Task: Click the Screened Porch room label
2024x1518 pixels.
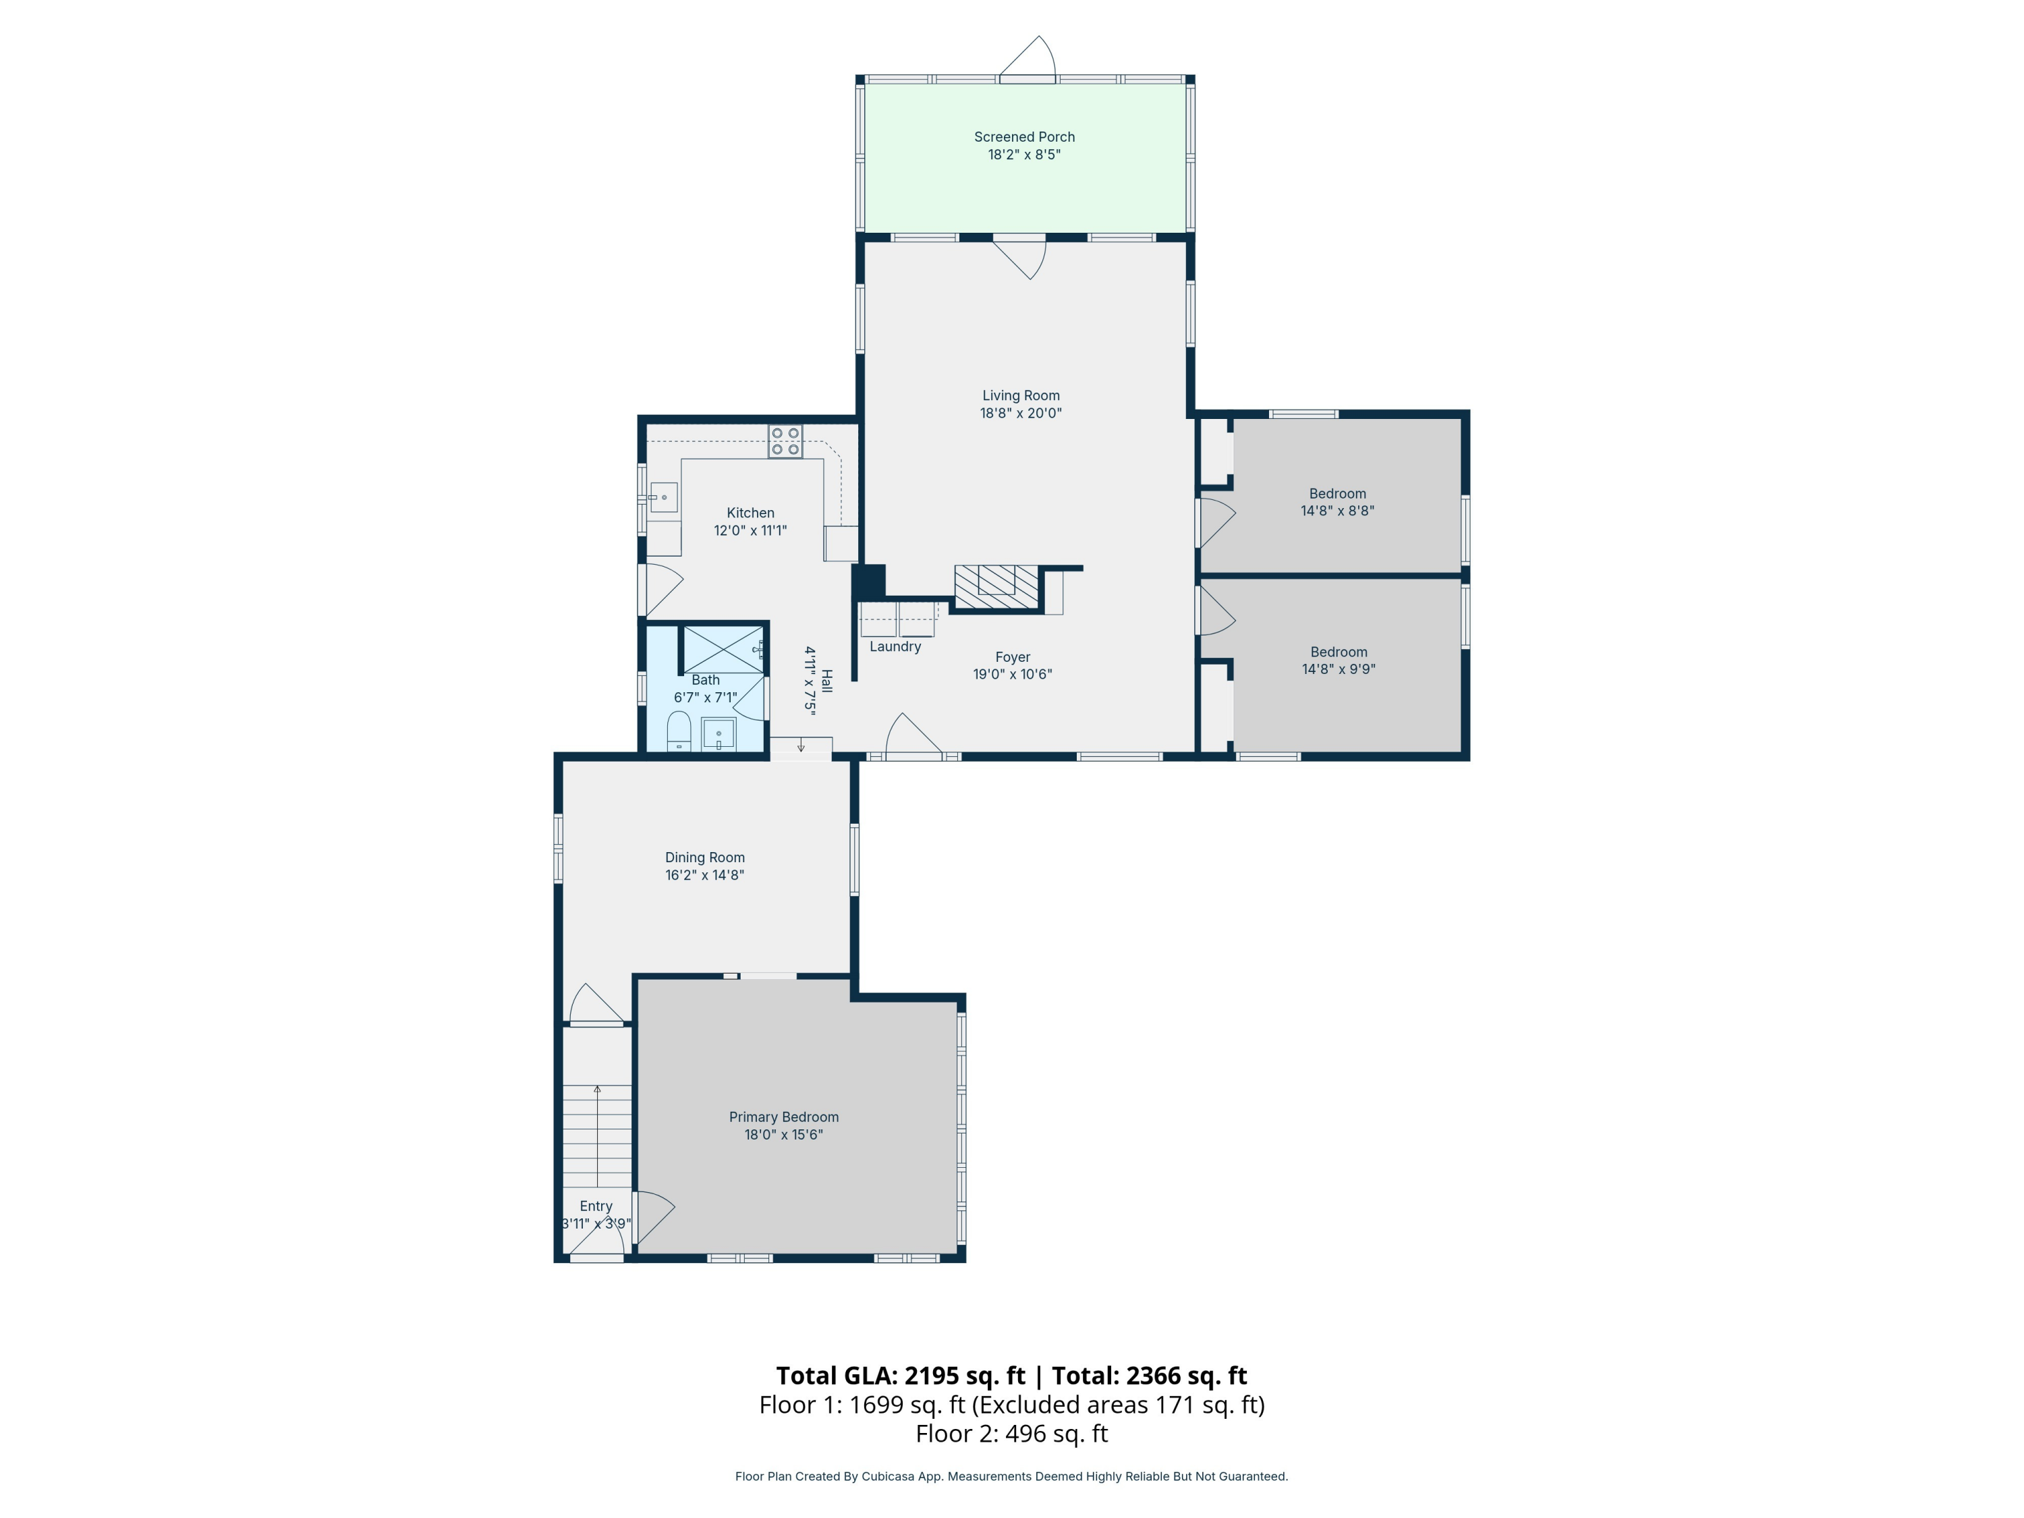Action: coord(1024,137)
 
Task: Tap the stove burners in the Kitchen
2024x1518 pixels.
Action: coord(785,442)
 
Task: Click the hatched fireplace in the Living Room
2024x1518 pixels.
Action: coord(996,586)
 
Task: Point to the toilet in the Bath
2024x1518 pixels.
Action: coord(679,732)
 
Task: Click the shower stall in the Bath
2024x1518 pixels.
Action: coord(723,649)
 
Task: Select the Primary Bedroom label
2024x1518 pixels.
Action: coord(783,1117)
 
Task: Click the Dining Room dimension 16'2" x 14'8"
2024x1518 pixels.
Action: coord(704,876)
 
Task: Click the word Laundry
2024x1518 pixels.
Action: coord(895,647)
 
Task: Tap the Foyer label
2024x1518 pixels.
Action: coord(1012,657)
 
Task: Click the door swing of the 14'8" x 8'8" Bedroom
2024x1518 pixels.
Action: coord(1217,522)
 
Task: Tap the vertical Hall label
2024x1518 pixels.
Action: coord(826,681)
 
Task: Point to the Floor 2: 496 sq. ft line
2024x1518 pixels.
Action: coord(1011,1434)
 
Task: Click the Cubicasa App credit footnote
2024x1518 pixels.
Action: coord(1011,1476)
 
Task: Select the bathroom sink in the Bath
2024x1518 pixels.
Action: coord(719,735)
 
